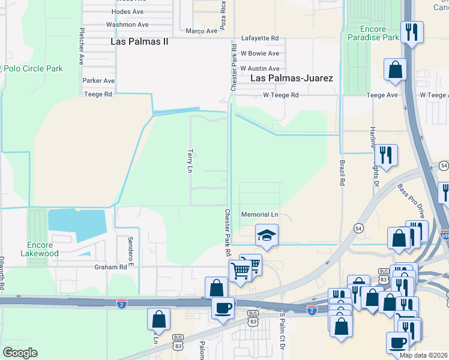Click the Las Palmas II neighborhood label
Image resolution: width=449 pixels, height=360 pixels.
coord(140,41)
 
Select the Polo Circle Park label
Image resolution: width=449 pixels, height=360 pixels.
coord(33,68)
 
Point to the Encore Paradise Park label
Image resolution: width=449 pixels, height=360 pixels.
coord(373,32)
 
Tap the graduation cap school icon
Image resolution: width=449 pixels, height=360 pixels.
coord(267,235)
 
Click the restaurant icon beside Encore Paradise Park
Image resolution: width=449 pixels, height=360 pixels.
coord(412,32)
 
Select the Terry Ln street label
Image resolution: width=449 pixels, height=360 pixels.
coord(190,161)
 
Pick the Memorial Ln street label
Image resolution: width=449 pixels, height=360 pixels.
coord(260,214)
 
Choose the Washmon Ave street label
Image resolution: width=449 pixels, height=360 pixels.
coord(127,25)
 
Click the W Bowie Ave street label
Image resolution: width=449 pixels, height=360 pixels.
coord(260,53)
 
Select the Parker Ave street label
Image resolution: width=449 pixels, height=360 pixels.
coord(98,80)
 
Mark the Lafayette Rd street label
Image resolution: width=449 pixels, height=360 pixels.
coord(260,38)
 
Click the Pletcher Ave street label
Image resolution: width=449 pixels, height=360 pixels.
coord(81,46)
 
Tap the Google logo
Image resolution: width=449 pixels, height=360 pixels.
coord(20,353)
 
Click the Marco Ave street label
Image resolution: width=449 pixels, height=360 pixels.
coord(200,31)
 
